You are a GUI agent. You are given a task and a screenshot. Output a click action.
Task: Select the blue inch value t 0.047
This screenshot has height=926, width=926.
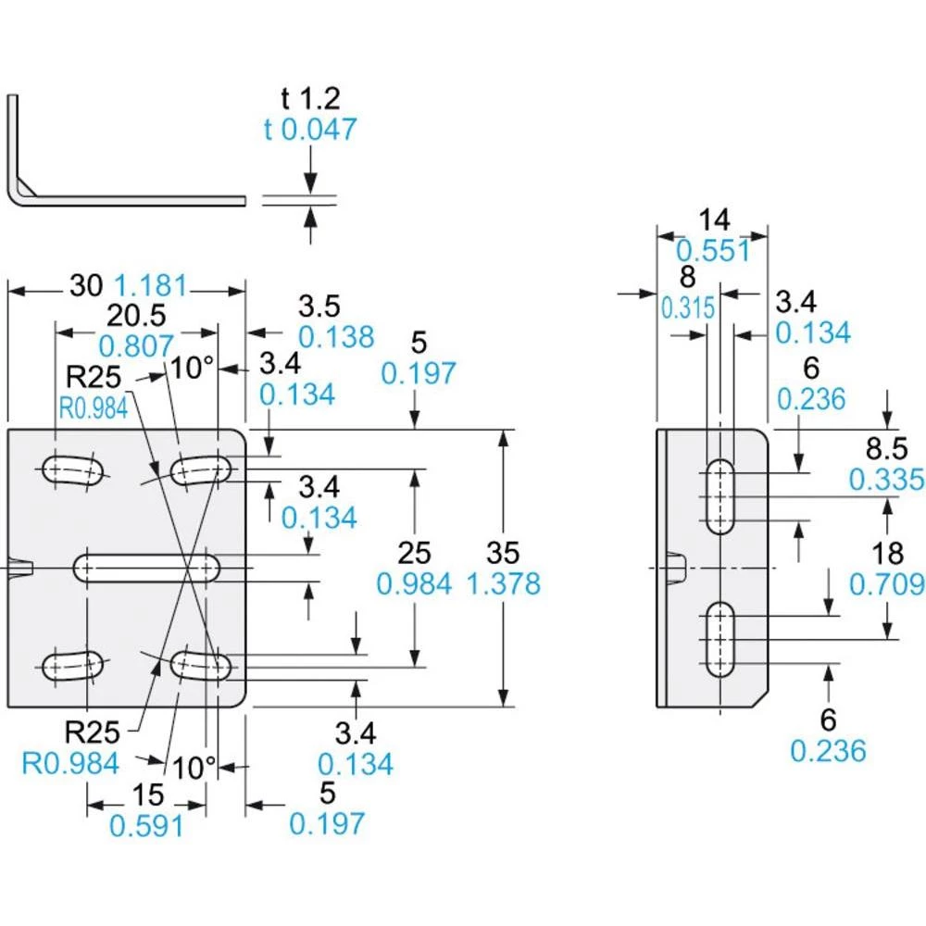click(x=309, y=130)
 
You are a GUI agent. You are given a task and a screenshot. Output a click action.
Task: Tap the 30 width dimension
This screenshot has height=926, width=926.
click(x=86, y=286)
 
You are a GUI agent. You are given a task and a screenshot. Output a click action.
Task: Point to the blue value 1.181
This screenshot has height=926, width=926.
click(x=151, y=286)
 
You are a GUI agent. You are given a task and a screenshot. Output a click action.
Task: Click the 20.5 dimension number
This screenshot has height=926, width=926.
click(x=137, y=316)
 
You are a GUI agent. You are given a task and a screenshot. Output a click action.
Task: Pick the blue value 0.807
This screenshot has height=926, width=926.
click(x=136, y=346)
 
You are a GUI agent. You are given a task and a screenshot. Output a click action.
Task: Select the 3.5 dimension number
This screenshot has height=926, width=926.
click(x=319, y=307)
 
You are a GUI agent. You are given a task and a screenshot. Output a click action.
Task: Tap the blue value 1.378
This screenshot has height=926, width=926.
click(x=506, y=584)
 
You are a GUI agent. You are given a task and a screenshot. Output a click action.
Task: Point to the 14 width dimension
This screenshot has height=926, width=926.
click(x=714, y=219)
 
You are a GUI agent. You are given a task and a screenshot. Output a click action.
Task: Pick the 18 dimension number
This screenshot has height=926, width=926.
click(x=887, y=554)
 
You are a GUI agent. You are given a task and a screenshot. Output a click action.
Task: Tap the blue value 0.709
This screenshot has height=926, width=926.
click(x=887, y=584)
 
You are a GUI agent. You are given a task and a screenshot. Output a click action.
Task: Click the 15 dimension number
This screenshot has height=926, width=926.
click(x=146, y=795)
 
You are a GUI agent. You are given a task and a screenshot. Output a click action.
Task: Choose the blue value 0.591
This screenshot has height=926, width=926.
click(x=146, y=825)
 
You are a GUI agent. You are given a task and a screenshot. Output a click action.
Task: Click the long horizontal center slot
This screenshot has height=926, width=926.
click(x=146, y=567)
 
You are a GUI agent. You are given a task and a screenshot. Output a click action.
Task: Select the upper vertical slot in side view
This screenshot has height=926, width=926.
click(x=719, y=497)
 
